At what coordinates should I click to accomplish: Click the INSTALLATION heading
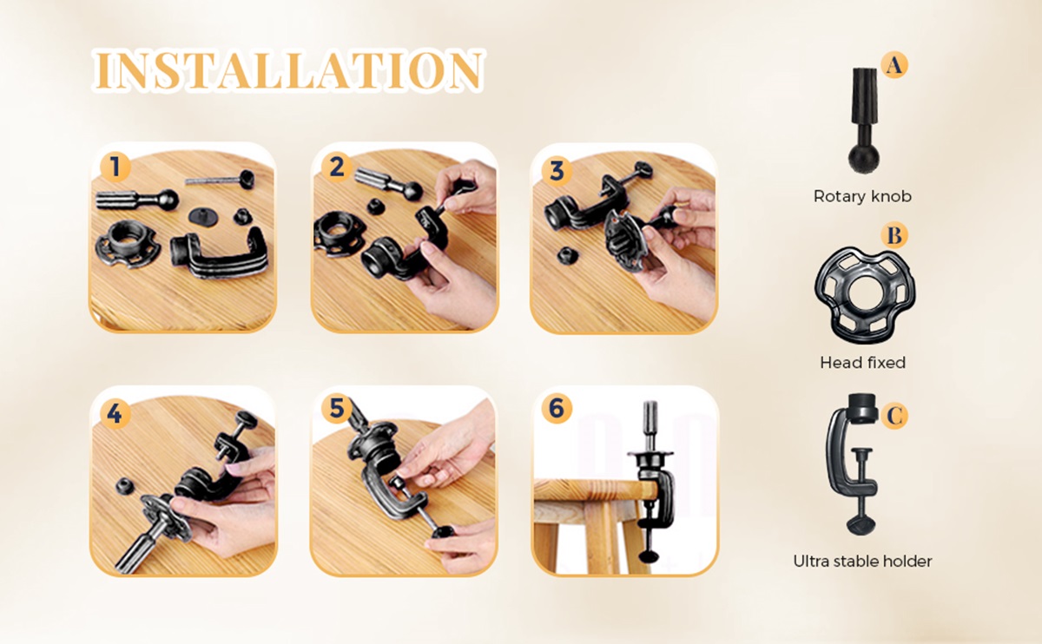(x=288, y=69)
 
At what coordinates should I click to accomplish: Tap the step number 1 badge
(x=115, y=167)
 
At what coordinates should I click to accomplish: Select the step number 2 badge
(x=336, y=167)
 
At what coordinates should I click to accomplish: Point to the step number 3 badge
(x=557, y=171)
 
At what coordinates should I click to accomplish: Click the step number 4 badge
(x=115, y=413)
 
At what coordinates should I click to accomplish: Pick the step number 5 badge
(x=336, y=409)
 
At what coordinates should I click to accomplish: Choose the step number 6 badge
(x=557, y=409)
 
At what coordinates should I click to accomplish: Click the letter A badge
(x=894, y=64)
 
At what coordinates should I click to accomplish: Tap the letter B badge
(x=894, y=235)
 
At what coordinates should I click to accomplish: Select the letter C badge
(x=894, y=415)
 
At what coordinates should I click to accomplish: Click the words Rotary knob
(x=862, y=196)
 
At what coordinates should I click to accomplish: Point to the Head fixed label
(x=863, y=362)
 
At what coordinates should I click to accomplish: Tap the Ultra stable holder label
(x=862, y=562)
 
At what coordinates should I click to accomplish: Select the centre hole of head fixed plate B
(x=865, y=294)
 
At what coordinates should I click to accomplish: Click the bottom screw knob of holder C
(x=861, y=524)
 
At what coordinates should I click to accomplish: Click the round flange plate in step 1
(x=128, y=245)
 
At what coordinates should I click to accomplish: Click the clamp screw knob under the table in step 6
(x=650, y=555)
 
